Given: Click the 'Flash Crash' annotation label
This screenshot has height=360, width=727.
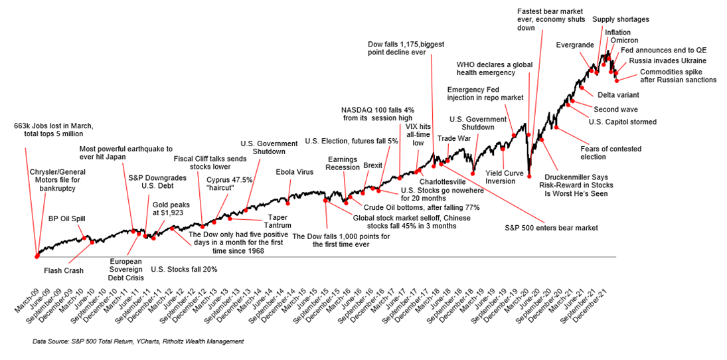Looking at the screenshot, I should coord(63,271).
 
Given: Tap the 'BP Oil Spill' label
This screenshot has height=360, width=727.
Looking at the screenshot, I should coord(67,218).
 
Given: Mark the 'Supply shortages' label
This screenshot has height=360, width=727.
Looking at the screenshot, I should coord(620,19).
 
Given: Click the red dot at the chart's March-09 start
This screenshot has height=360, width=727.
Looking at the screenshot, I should coord(37,255).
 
